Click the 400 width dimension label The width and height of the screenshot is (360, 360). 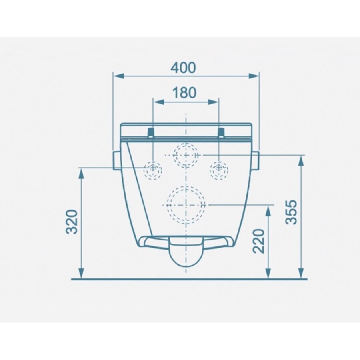184,67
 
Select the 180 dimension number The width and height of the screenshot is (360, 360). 184,92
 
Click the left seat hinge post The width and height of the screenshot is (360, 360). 151,133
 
